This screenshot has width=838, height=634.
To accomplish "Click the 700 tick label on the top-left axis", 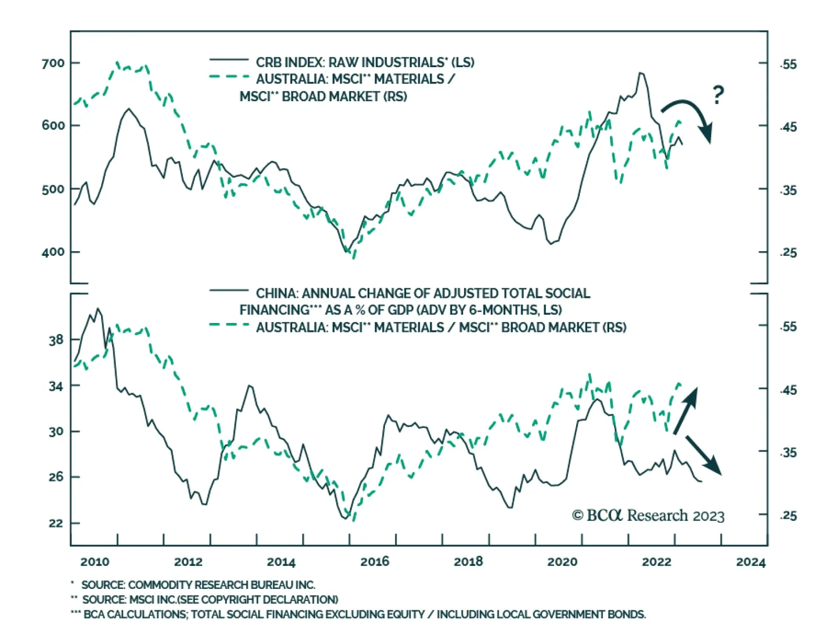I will pos(53,63).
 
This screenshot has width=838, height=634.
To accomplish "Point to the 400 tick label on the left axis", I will pos(53,252).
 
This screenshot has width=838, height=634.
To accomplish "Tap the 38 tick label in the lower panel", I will pos(56,340).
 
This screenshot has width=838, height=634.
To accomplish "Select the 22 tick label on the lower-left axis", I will pos(56,523).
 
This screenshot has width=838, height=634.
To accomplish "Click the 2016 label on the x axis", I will pos(374,562).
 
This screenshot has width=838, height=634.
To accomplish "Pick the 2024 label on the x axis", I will pos(751,562).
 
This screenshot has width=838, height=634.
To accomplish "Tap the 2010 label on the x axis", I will pos(95,562).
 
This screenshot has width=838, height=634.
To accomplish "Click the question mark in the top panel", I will pos(718,95).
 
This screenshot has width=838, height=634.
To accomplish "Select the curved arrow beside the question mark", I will pos(690,115).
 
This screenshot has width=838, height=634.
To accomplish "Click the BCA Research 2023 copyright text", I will pos(648,515).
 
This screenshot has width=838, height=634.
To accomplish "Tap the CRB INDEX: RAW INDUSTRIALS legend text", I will pos(365,62).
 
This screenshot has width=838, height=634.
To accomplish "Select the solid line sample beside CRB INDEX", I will pos(229,60).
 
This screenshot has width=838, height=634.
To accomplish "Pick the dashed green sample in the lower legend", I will pos(229,325).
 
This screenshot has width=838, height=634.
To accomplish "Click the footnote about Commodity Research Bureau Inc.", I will pos(198,585).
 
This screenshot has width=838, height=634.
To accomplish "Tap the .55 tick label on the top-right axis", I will pos(788,65).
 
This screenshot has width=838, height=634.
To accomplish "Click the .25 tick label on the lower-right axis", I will pos(788,516).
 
